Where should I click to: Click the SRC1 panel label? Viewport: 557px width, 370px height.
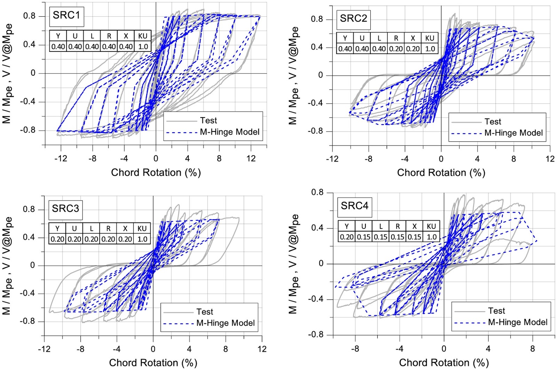tap(66, 15)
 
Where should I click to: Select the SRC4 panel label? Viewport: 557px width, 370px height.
tap(354, 206)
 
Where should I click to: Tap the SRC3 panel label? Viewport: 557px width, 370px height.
tap(65, 209)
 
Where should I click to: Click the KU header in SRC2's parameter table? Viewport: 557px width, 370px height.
tap(430, 38)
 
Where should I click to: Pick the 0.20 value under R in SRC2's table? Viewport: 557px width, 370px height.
tap(396, 49)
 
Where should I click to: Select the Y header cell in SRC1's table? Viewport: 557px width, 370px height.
tap(58, 36)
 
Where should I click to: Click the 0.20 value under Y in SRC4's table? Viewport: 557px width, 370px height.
tap(346, 237)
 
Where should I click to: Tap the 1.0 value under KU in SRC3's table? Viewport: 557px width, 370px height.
tap(142, 239)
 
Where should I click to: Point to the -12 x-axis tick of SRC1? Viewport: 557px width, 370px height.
tap(61, 159)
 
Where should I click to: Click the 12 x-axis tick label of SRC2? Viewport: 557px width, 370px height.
tap(550, 159)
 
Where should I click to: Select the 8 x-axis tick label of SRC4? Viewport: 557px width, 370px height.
tap(532, 349)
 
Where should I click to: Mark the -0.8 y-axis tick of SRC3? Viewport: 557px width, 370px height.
tap(27, 321)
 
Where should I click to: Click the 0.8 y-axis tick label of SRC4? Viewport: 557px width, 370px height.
tap(317, 192)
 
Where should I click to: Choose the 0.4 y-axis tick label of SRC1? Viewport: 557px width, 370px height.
tap(29, 45)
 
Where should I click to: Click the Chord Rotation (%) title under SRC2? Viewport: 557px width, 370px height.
tap(441, 173)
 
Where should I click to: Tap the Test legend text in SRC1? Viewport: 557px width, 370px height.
tap(208, 121)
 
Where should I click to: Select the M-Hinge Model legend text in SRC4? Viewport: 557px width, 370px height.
tap(517, 322)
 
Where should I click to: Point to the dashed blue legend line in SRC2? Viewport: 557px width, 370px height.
tap(466, 133)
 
